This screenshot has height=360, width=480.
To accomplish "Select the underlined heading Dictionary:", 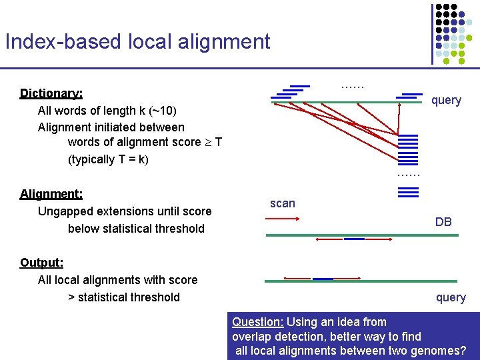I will (51, 93).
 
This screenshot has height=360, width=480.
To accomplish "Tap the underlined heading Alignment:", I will (51, 194).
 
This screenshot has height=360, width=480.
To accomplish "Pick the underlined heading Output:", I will (41, 262).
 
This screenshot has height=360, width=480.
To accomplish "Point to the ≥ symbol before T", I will (207, 142).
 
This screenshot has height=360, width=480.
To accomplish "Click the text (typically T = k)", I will (108, 159).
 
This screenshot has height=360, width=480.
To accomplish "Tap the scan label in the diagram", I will (282, 203).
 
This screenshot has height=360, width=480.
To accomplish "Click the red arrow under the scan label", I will (286, 218).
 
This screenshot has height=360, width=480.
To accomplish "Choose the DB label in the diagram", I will (443, 222).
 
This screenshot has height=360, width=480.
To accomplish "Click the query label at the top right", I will (446, 100).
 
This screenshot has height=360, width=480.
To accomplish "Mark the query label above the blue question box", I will (451, 297).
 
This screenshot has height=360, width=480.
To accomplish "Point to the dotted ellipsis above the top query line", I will (352, 85).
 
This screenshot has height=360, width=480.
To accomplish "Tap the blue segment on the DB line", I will (354, 239).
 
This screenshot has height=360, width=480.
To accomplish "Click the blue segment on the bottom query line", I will (323, 279).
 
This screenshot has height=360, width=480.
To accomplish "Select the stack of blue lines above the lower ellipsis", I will (408, 151).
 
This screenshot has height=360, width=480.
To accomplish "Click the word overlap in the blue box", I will (253, 337).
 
